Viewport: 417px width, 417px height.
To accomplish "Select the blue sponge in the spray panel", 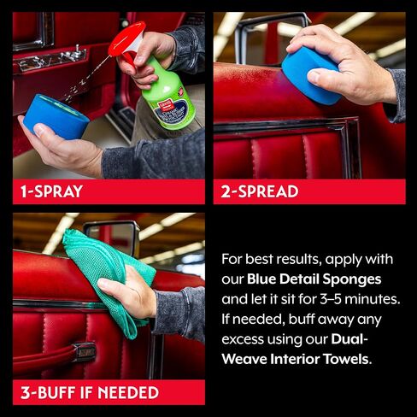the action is coord(56,117).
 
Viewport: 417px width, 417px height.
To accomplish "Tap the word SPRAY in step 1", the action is coord(58,191).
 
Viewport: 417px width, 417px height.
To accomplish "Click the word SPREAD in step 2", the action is coord(268,191).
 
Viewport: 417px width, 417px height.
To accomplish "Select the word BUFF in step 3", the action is coord(57,392).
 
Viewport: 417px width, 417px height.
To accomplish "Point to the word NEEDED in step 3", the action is coord(128,392).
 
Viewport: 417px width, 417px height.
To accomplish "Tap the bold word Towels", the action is coord(347,359).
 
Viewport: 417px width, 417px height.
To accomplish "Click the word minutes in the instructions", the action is coord(372,299).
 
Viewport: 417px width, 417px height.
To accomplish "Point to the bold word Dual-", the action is coord(349,339).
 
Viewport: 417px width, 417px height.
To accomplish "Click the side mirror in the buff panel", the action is coord(111,238).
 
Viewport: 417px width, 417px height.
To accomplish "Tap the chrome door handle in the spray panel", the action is coord(51,60).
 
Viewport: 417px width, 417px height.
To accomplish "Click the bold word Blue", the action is coord(261,279).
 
